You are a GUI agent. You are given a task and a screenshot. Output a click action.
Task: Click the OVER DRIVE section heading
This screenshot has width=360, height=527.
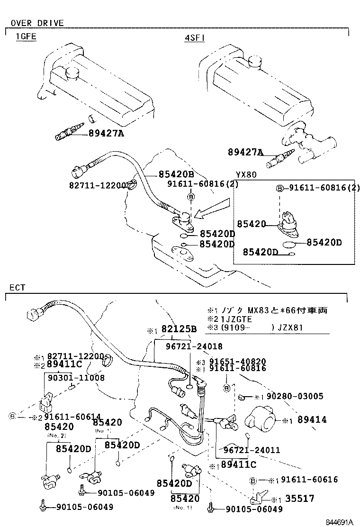click(x=37, y=23)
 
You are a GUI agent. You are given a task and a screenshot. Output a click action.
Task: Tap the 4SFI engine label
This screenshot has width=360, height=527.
click(x=195, y=37)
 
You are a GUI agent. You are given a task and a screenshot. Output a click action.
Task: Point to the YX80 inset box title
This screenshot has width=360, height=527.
click(x=246, y=174)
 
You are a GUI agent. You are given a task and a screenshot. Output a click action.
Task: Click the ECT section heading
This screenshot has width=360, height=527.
click(x=18, y=288)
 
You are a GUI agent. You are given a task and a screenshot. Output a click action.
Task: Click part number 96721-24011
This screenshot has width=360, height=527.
click(x=252, y=450)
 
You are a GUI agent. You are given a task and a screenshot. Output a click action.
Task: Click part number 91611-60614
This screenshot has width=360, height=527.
click(x=72, y=417)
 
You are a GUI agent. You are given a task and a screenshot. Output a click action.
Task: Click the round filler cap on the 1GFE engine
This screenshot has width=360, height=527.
click(x=73, y=73)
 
